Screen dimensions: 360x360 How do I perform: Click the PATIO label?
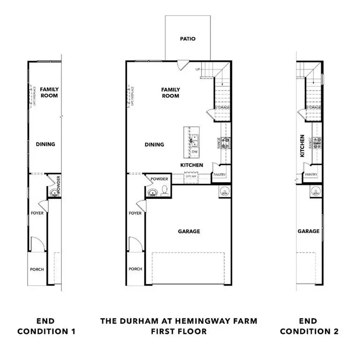pyautogui.click(x=187, y=39)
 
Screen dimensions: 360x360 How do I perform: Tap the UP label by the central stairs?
pyautogui.click(x=198, y=69)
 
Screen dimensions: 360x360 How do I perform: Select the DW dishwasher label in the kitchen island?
pyautogui.click(x=195, y=152)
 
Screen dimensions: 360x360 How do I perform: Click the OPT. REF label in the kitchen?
pyautogui.click(x=191, y=176)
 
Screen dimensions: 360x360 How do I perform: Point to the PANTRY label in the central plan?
pyautogui.click(x=220, y=175)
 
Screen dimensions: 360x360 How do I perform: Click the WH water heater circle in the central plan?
pyautogui.click(x=224, y=192)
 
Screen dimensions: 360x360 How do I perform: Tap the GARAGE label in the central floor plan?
pyautogui.click(x=189, y=232)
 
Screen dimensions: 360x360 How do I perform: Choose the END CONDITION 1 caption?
pyautogui.click(x=46, y=326)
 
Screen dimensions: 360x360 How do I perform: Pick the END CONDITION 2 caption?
pyautogui.click(x=309, y=326)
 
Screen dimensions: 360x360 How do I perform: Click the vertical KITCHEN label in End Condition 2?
pyautogui.click(x=302, y=146)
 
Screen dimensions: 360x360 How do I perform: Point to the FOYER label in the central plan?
pyautogui.click(x=135, y=213)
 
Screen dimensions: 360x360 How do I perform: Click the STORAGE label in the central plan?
pyautogui.click(x=222, y=108)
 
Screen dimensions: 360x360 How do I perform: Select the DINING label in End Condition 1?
pyautogui.click(x=45, y=144)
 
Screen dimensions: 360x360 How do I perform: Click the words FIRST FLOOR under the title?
pyautogui.click(x=179, y=331)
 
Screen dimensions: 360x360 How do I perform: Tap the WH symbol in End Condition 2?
pyautogui.click(x=316, y=192)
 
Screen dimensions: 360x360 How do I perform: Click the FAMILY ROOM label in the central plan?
pyautogui.click(x=171, y=92)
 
